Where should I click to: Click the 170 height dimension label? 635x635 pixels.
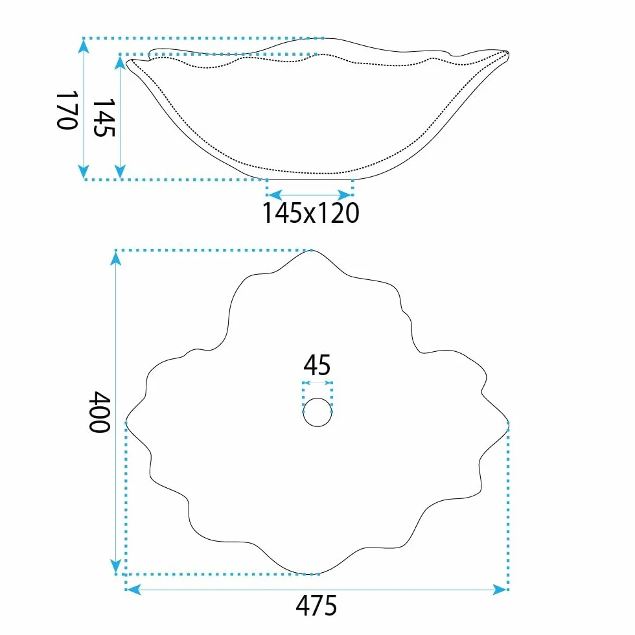(67, 110)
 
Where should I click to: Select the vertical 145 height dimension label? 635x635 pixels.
(104, 118)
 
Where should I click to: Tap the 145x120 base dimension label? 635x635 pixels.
(310, 213)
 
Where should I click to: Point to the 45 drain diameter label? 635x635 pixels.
(317, 365)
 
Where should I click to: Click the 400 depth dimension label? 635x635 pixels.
(100, 412)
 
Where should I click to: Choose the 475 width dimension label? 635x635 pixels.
(316, 605)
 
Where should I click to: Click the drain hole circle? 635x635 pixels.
(317, 412)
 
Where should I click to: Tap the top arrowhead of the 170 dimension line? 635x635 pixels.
(84, 47)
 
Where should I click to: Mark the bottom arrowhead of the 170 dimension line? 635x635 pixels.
(84, 171)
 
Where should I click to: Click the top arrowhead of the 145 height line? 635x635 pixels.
(120, 63)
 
